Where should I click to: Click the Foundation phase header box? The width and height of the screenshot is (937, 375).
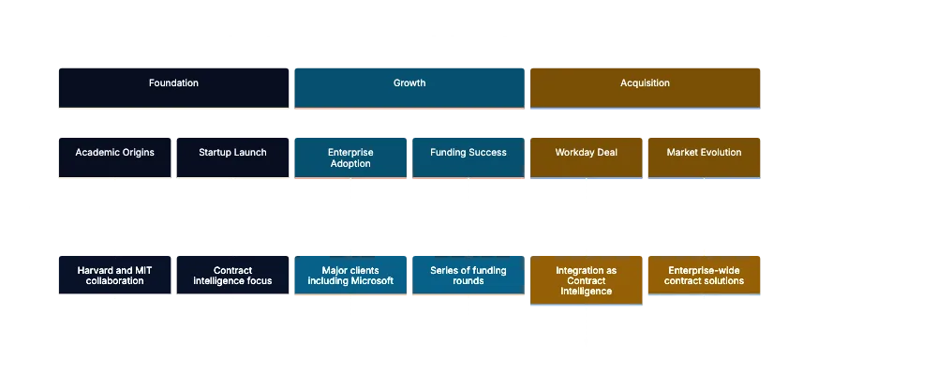(x=173, y=87)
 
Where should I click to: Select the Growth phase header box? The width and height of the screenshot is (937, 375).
(x=409, y=87)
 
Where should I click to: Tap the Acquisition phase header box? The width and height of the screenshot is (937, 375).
(x=646, y=87)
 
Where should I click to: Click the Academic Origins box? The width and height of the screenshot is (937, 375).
(x=114, y=156)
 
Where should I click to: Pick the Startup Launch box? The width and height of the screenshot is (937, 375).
(x=232, y=156)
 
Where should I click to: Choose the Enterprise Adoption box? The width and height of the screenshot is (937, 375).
(x=350, y=157)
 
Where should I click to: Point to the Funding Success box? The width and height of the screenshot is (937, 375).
(x=468, y=156)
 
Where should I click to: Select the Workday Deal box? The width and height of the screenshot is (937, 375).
(x=587, y=156)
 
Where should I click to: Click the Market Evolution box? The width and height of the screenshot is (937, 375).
(x=704, y=156)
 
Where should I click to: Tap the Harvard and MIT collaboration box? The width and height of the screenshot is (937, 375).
(x=114, y=276)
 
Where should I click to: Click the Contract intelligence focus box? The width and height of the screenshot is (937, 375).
(x=232, y=276)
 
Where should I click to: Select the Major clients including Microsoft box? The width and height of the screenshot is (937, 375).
(x=350, y=276)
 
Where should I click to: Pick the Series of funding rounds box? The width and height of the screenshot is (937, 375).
(x=468, y=276)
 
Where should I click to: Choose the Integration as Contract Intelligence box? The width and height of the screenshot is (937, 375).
(x=586, y=280)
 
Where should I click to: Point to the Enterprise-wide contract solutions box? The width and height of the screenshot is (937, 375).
(x=704, y=276)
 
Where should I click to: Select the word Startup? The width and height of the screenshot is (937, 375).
(x=216, y=152)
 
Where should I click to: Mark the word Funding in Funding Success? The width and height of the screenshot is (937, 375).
(x=449, y=152)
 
